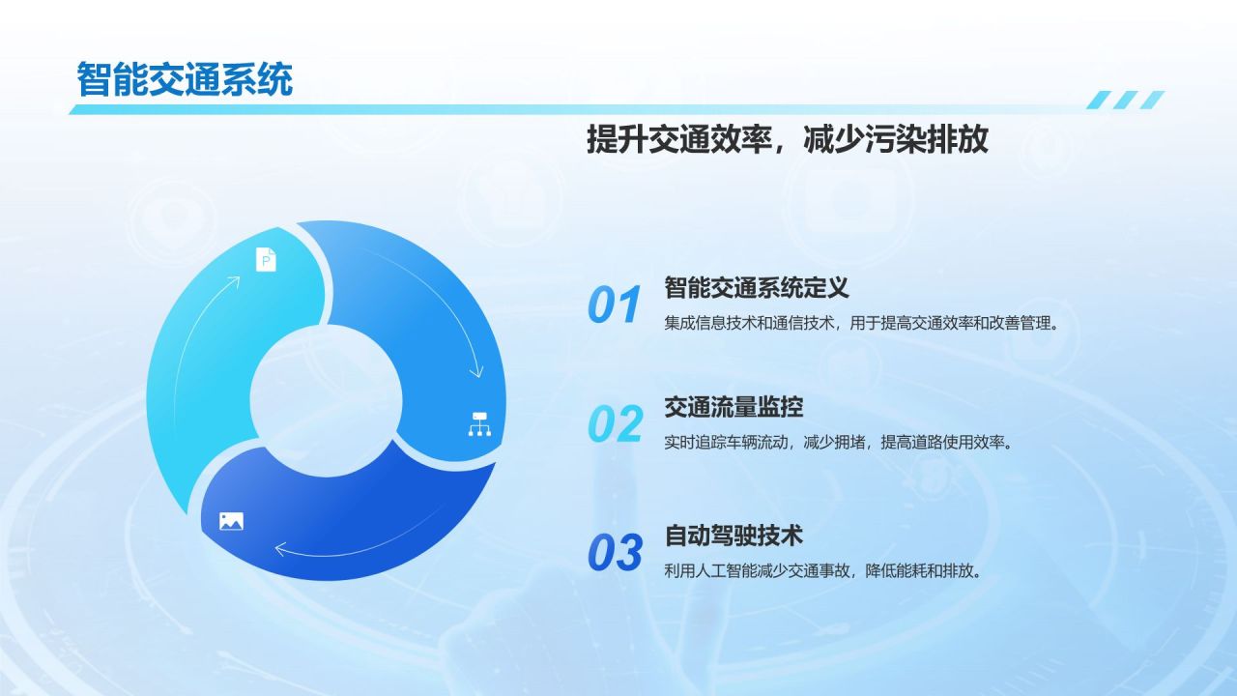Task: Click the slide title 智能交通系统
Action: coord(185,80)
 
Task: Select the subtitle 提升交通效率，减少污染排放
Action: coord(788,138)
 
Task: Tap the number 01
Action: coord(614,304)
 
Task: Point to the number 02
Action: coord(616,423)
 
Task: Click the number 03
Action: coord(615,552)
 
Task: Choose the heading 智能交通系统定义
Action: coord(756,288)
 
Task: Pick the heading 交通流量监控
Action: coord(734,407)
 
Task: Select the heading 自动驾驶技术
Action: coord(734,536)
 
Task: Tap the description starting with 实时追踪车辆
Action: coord(839,443)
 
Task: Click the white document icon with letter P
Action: coord(266,260)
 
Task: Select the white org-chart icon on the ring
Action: coord(479,424)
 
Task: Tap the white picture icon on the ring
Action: coord(231,521)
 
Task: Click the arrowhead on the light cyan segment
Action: coord(234,281)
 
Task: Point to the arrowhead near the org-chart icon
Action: coord(476,371)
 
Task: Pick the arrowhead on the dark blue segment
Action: coord(280,549)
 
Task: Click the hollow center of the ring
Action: coord(326,400)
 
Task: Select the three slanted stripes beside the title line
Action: coord(1126,100)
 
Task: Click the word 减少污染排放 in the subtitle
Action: coord(896,138)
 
